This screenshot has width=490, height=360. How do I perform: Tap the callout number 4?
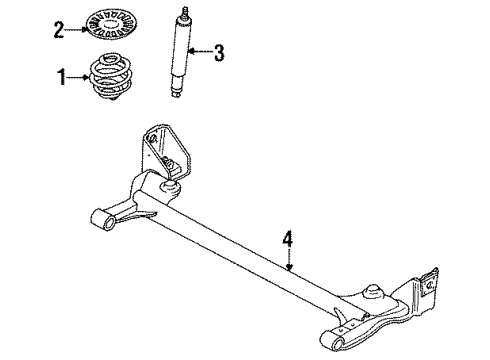[x=288, y=239]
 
